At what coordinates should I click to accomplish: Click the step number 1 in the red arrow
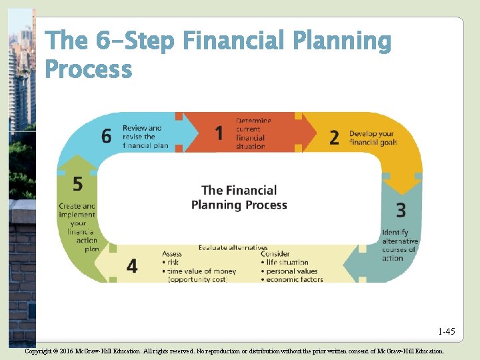219,133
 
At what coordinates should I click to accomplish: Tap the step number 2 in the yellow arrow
334,137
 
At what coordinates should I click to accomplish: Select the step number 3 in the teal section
401,211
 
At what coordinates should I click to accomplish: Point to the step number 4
132,266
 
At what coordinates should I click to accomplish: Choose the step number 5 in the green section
78,183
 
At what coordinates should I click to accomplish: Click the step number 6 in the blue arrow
107,136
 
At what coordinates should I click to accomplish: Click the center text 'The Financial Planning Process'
239,197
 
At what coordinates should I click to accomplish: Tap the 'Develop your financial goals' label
373,138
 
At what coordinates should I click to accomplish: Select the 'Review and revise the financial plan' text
142,137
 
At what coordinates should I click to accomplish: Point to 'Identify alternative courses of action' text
400,245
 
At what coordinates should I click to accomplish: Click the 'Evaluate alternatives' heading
233,248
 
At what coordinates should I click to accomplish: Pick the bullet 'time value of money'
199,271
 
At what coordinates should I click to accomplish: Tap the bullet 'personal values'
291,271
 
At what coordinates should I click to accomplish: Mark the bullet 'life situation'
287,263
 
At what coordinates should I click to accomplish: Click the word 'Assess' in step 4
172,254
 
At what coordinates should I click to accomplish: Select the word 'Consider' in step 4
275,254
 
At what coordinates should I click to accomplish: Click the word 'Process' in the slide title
88,69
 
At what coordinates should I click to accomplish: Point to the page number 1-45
447,331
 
